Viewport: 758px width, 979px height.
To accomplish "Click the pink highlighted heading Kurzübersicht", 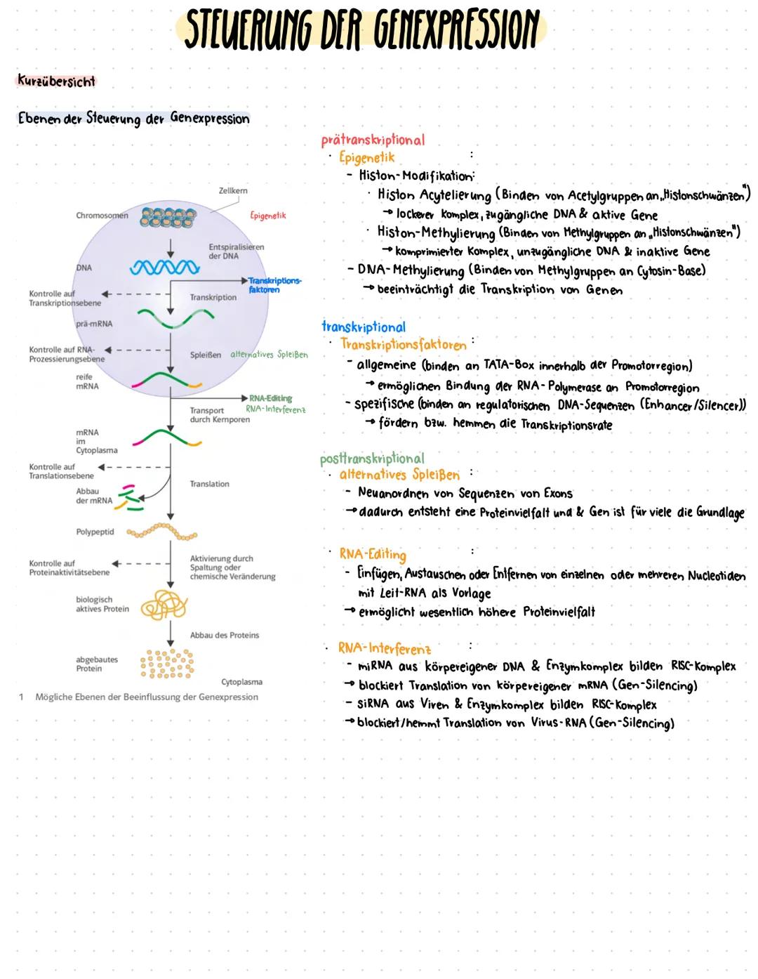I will (55, 81).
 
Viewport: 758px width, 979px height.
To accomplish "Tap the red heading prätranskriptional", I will (373, 140).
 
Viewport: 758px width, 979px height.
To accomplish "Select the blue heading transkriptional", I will (364, 327).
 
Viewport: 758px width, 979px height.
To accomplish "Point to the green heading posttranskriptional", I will (372, 459).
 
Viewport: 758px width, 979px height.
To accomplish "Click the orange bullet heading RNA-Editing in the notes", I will (373, 554).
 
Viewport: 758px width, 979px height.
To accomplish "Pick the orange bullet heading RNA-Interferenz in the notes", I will (385, 648).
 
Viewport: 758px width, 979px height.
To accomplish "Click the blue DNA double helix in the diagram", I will (165, 268).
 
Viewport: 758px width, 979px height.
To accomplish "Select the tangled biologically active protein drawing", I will (165, 605).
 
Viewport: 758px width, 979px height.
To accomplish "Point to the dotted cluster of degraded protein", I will (166, 663).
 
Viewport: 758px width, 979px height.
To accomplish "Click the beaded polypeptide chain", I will (162, 532).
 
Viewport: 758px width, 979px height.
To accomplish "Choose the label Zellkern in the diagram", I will (233, 190).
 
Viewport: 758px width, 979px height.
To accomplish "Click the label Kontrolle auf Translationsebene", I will (61, 471).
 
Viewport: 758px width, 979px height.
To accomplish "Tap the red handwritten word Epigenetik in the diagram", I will (268, 216).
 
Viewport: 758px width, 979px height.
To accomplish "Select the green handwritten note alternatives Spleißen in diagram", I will (270, 355).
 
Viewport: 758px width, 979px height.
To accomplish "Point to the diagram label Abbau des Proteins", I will (225, 635).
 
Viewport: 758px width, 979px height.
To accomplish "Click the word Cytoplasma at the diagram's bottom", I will (241, 682).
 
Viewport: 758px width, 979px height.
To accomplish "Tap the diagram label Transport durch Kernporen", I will (220, 415).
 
